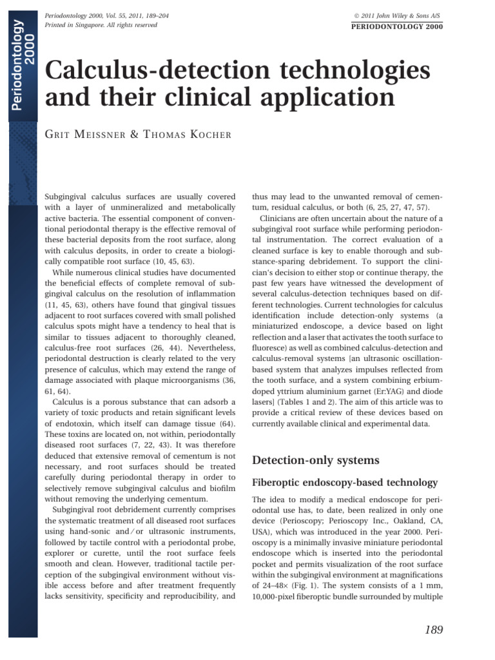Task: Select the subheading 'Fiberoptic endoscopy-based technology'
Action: pyautogui.click(x=345, y=483)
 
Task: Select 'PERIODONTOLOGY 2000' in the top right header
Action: pyautogui.click(x=396, y=26)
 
